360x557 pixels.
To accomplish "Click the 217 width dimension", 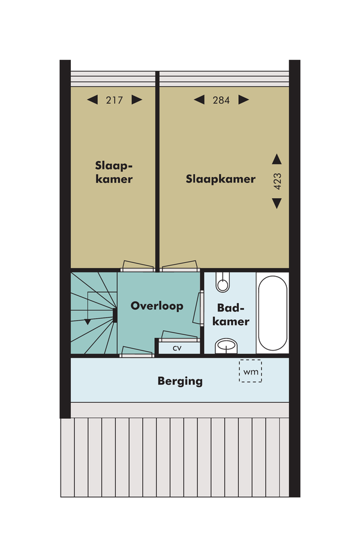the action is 115,100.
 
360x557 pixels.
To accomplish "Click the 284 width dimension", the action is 221,100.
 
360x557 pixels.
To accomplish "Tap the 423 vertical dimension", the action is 277,181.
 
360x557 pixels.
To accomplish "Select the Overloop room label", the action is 157,306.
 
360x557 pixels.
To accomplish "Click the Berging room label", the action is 180,381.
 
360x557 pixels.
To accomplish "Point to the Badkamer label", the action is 231,315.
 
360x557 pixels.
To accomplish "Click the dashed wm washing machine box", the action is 250,371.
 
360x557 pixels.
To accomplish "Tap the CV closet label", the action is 177,348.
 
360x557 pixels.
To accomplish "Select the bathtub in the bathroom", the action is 272,313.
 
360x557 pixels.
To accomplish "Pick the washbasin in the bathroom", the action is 226,346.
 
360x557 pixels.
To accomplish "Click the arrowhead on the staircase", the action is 88,322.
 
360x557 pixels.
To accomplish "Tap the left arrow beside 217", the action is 92,100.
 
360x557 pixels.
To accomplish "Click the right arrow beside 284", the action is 244,100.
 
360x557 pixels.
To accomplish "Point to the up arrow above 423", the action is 277,159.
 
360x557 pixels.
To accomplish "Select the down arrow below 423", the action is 277,203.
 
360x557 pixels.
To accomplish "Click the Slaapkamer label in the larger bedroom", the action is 220,179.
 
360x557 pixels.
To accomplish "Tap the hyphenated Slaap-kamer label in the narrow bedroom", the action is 114,172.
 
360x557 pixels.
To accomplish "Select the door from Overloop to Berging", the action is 137,352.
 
